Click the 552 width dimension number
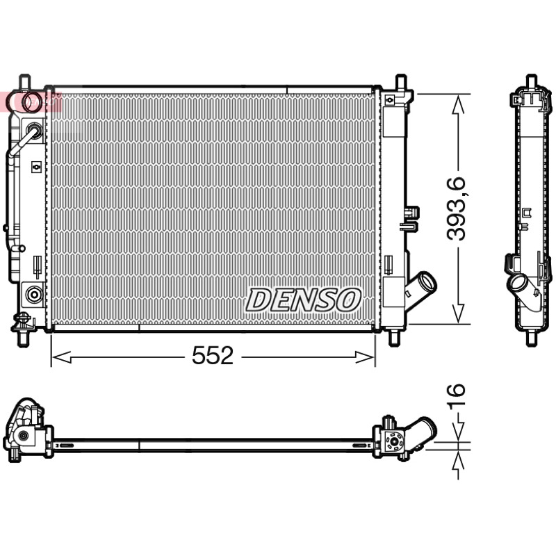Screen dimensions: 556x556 pos(213,356)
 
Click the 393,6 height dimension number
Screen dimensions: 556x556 pos(457,208)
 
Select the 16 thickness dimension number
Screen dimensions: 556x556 pos(457,395)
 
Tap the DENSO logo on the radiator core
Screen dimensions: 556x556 pos(304,300)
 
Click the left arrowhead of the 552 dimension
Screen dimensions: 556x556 pos(62,357)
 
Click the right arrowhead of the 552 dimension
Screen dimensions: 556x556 pos(366,357)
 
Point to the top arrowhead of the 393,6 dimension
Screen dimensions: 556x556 pos(459,104)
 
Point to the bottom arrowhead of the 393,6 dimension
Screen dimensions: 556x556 pos(459,313)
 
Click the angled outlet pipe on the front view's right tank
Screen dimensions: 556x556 pos(421,290)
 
